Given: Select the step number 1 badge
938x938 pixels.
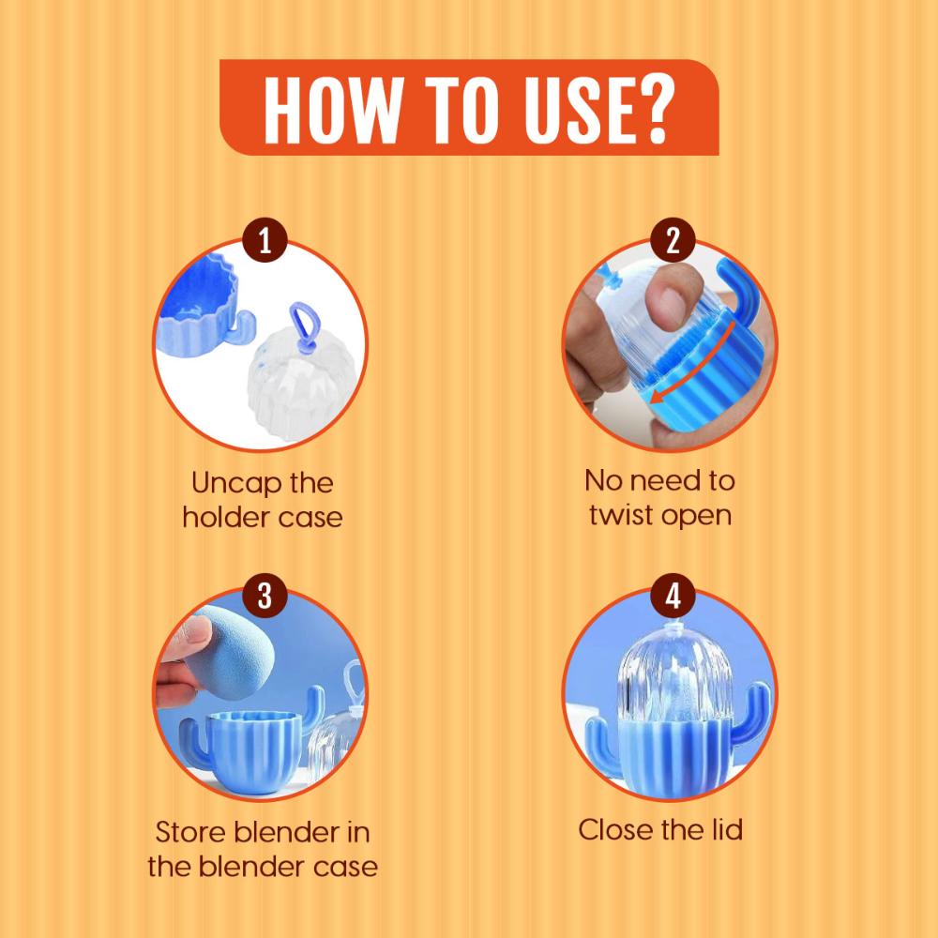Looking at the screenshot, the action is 265,240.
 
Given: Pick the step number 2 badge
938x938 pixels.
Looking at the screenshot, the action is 673,240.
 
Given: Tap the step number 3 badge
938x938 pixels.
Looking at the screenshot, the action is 265,596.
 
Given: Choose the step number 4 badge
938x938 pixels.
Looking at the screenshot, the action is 673,596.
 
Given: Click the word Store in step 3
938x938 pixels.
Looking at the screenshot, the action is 190,832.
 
